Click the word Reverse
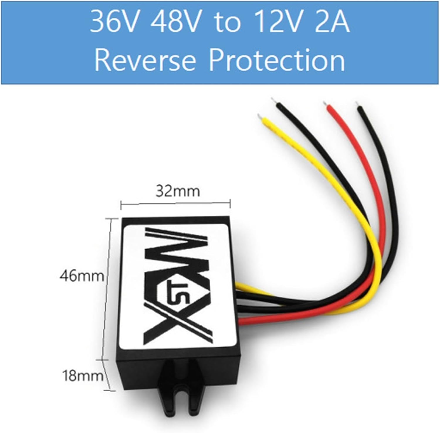[x=145, y=60]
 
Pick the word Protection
[x=277, y=60]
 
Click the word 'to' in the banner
[x=227, y=23]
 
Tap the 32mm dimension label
[x=178, y=191]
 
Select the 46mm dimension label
[x=82, y=276]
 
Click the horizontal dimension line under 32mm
[x=175, y=203]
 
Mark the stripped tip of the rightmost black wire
[x=357, y=104]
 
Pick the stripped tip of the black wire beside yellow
[x=274, y=100]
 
